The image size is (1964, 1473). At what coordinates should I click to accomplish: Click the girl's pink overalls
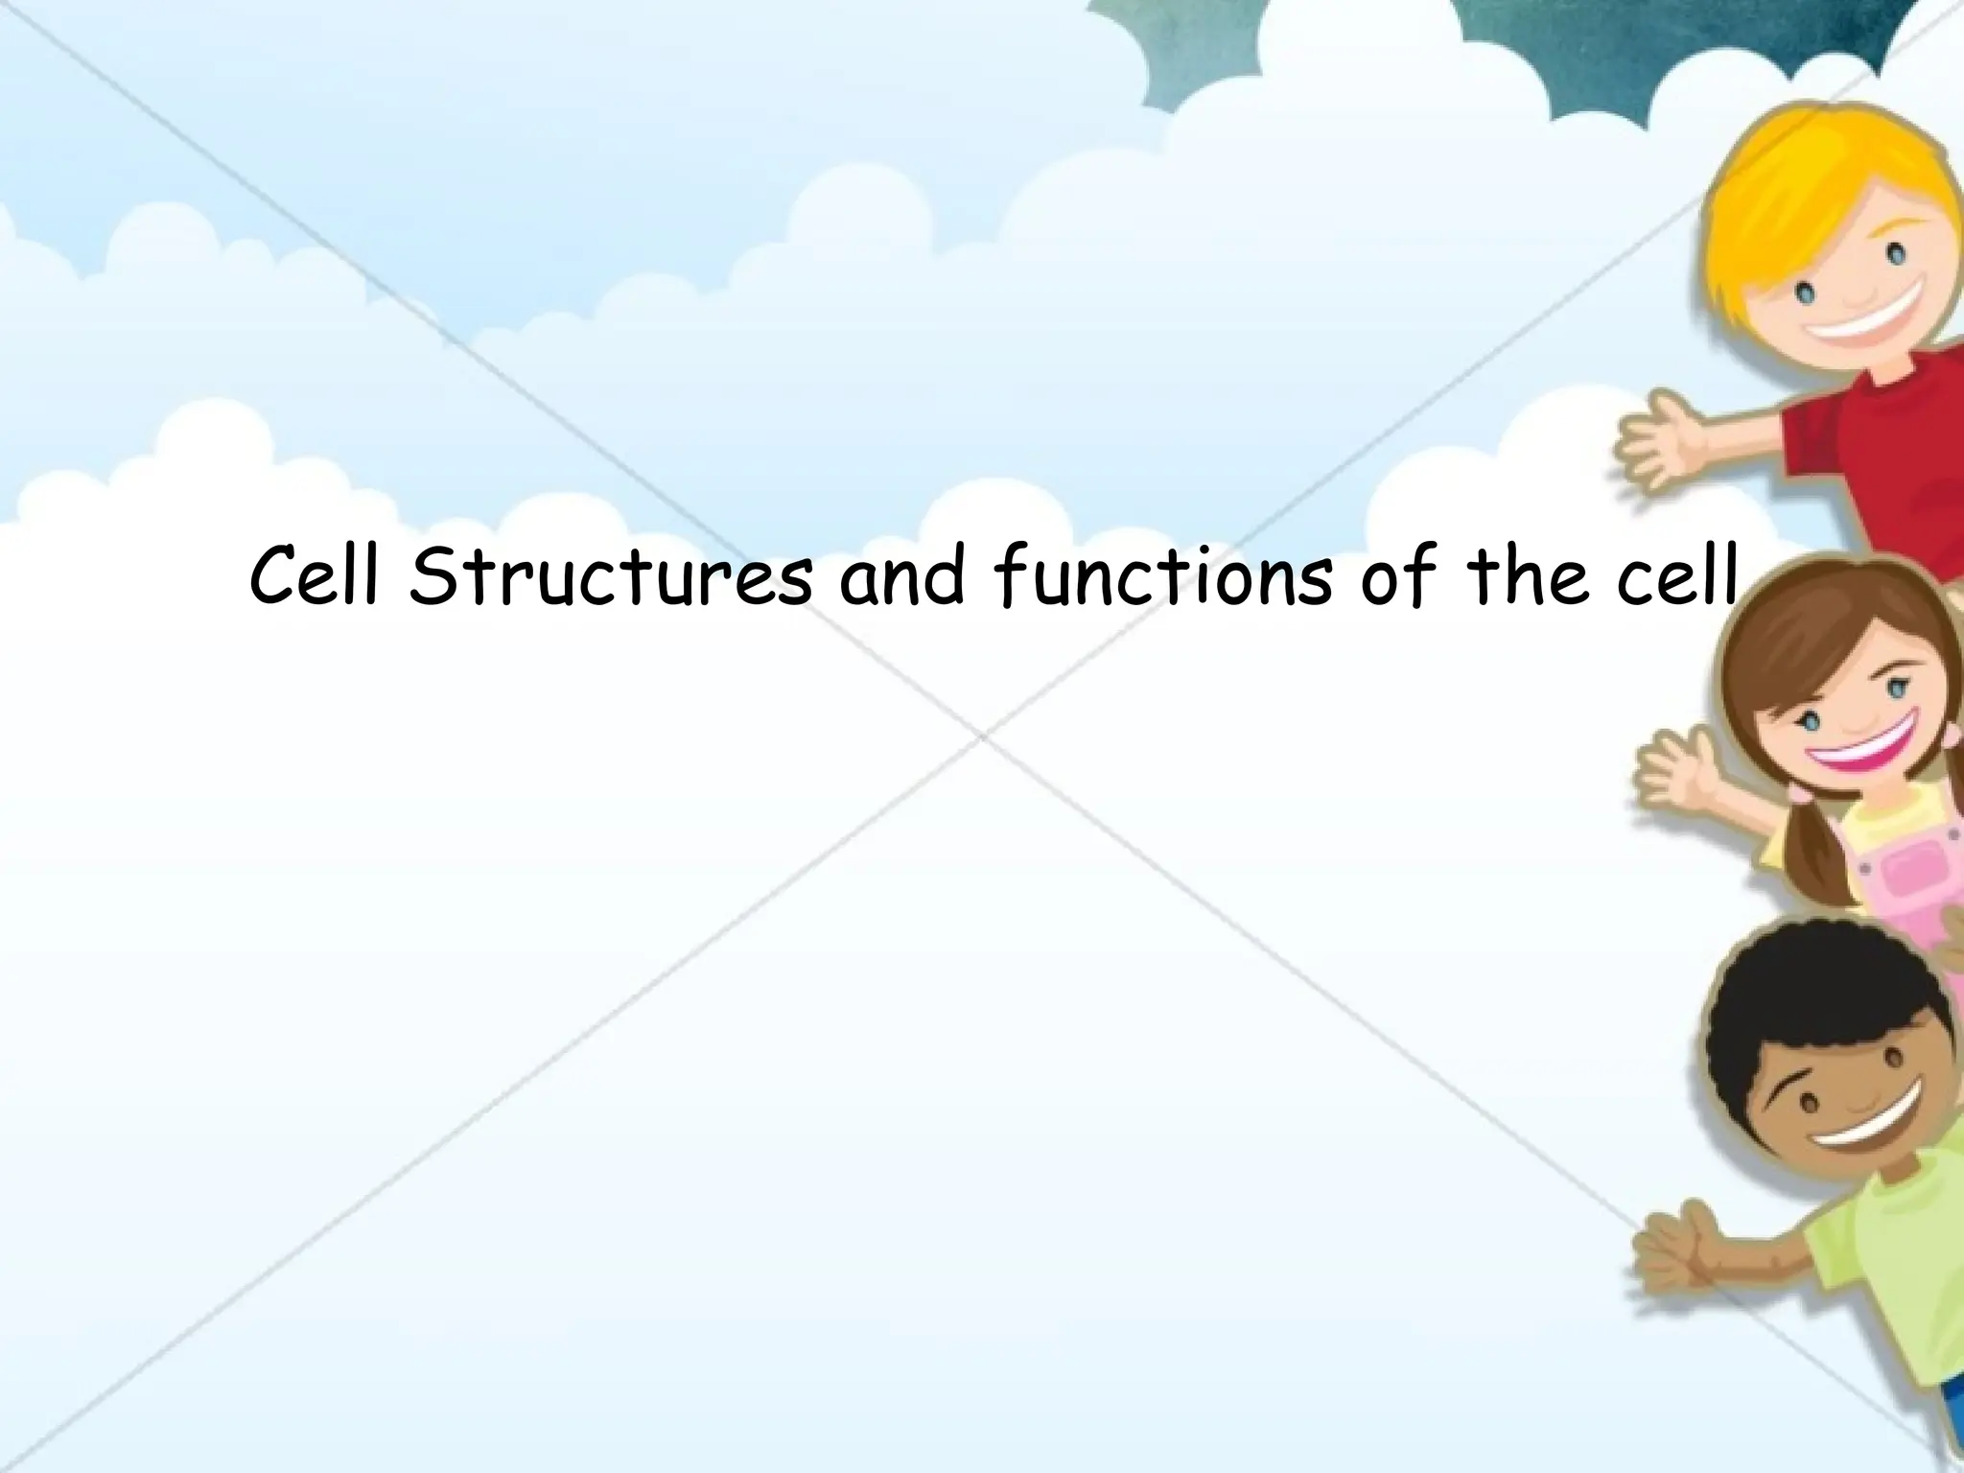[1904, 877]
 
